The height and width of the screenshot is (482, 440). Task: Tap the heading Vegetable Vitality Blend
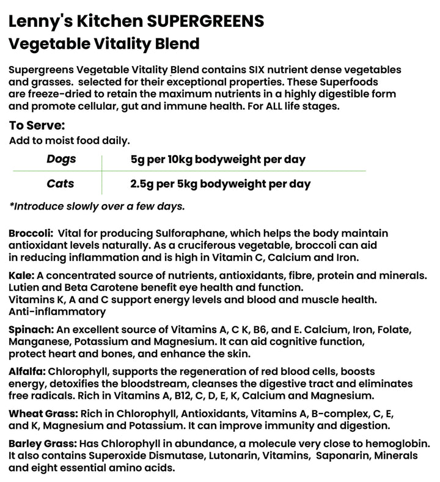[x=104, y=44]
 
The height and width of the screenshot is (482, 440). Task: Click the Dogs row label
[x=61, y=159]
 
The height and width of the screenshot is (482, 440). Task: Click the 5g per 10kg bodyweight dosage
[x=218, y=159]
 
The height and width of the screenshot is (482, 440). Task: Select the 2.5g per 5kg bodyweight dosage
[x=220, y=183]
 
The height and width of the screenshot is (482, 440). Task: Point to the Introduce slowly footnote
[x=97, y=206]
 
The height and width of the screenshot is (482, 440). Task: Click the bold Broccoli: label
[x=29, y=234]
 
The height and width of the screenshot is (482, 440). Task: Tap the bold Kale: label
[x=20, y=276]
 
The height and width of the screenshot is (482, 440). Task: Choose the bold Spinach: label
[x=31, y=329]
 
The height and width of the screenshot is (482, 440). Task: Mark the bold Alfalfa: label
[x=27, y=371]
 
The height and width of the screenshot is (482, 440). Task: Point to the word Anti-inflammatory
[x=57, y=312]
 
